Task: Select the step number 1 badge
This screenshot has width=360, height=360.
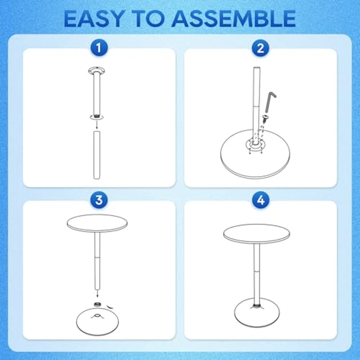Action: tap(99, 49)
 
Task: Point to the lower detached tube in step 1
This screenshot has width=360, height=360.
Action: tap(95, 154)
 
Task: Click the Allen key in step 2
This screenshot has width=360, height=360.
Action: tap(271, 101)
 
